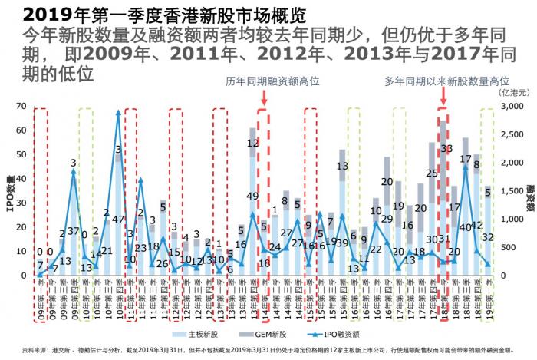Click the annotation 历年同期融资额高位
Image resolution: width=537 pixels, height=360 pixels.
tap(272, 81)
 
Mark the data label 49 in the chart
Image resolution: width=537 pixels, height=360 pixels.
tap(252, 196)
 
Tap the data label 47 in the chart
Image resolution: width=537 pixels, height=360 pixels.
tap(118, 220)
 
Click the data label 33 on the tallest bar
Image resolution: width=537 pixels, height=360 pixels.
tap(446, 150)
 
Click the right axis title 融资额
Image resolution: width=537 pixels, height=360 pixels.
tap(529, 197)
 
